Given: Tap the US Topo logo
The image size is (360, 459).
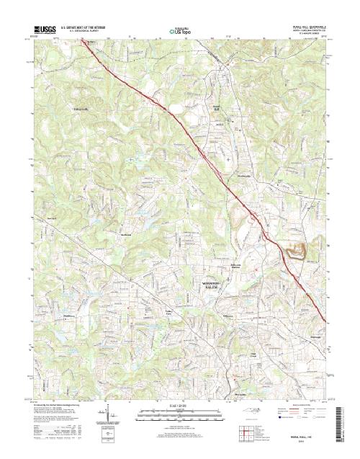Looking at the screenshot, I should pyautogui.click(x=179, y=31).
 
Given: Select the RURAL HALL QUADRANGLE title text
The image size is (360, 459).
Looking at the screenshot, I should pyautogui.click(x=297, y=25).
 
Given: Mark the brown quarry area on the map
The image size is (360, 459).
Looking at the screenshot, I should pyautogui.click(x=297, y=251).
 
